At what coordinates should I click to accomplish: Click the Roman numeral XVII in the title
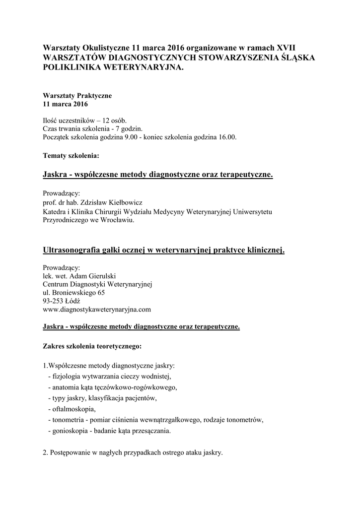pos(285,48)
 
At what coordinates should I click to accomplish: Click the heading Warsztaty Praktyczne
pos(77,95)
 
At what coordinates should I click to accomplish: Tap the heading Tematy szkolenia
pos(71,156)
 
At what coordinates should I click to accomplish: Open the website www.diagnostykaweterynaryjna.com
pos(97,310)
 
